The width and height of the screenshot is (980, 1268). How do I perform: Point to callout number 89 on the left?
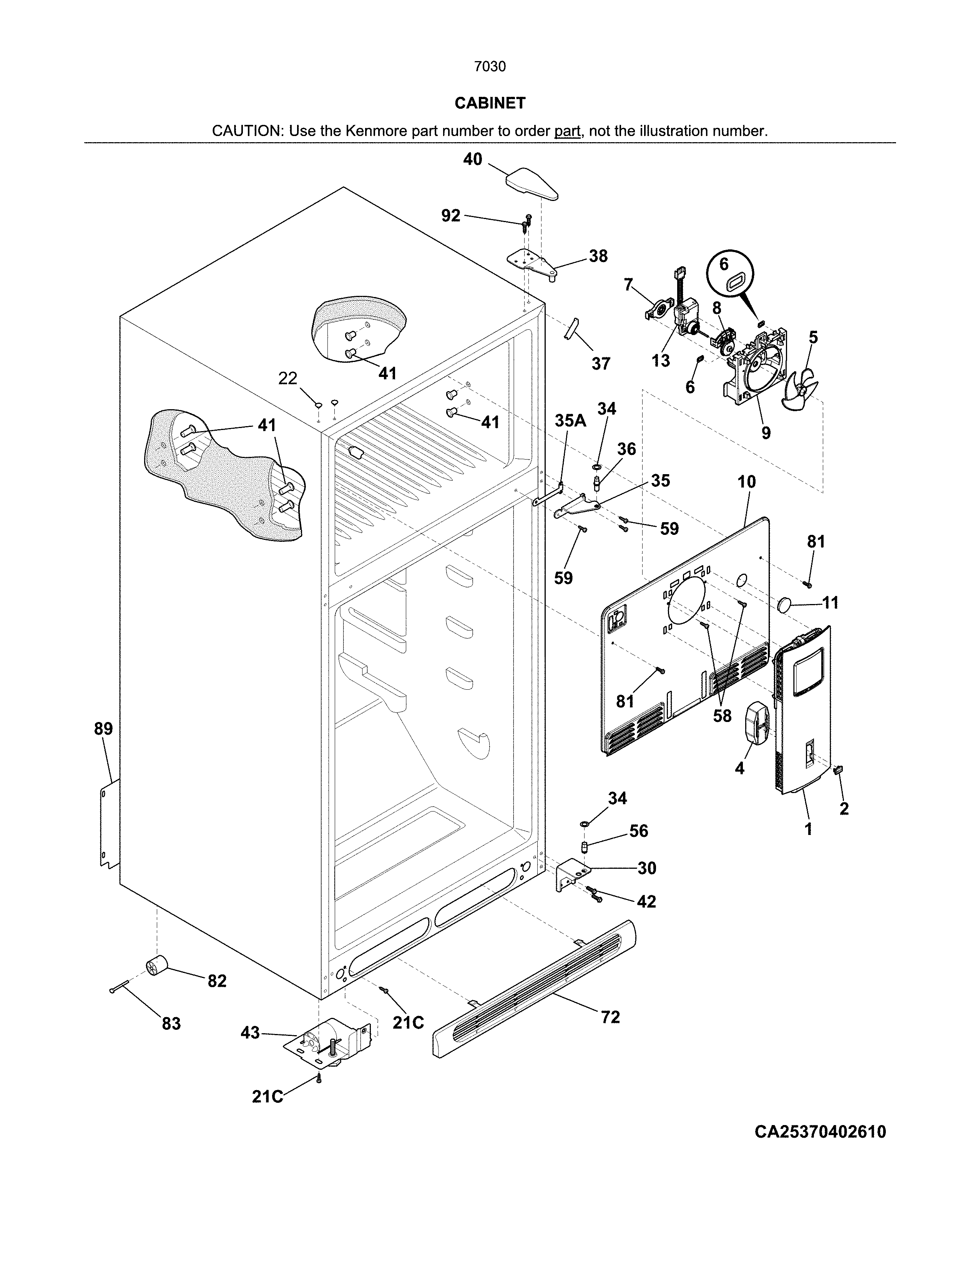pos(103,729)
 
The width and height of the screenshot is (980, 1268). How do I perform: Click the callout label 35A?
pos(570,420)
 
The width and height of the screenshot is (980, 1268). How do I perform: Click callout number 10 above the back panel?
pos(747,481)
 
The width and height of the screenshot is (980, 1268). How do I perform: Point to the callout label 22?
pos(287,378)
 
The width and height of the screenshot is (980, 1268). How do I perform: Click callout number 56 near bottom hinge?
pos(639,831)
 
